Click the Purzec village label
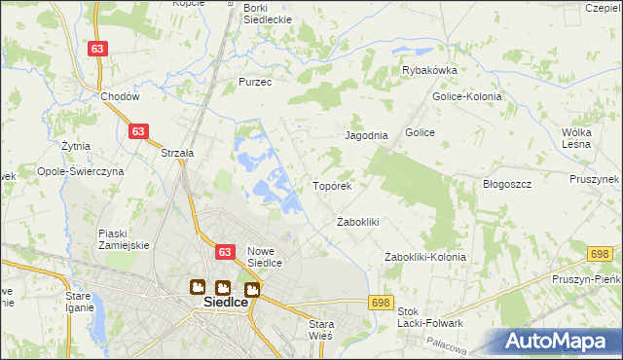point(255,83)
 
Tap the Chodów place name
point(121,97)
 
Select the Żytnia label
point(75,146)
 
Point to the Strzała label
point(178,153)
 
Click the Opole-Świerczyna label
point(80,170)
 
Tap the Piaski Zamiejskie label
point(124,239)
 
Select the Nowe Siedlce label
point(264,256)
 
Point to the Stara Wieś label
point(320,329)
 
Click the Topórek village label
point(331,185)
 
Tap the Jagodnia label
point(367,136)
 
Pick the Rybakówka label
point(429,71)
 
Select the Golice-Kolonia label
point(466,96)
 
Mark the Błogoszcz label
point(506,184)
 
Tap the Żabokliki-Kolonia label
point(425,257)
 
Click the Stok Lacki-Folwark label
point(429,317)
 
